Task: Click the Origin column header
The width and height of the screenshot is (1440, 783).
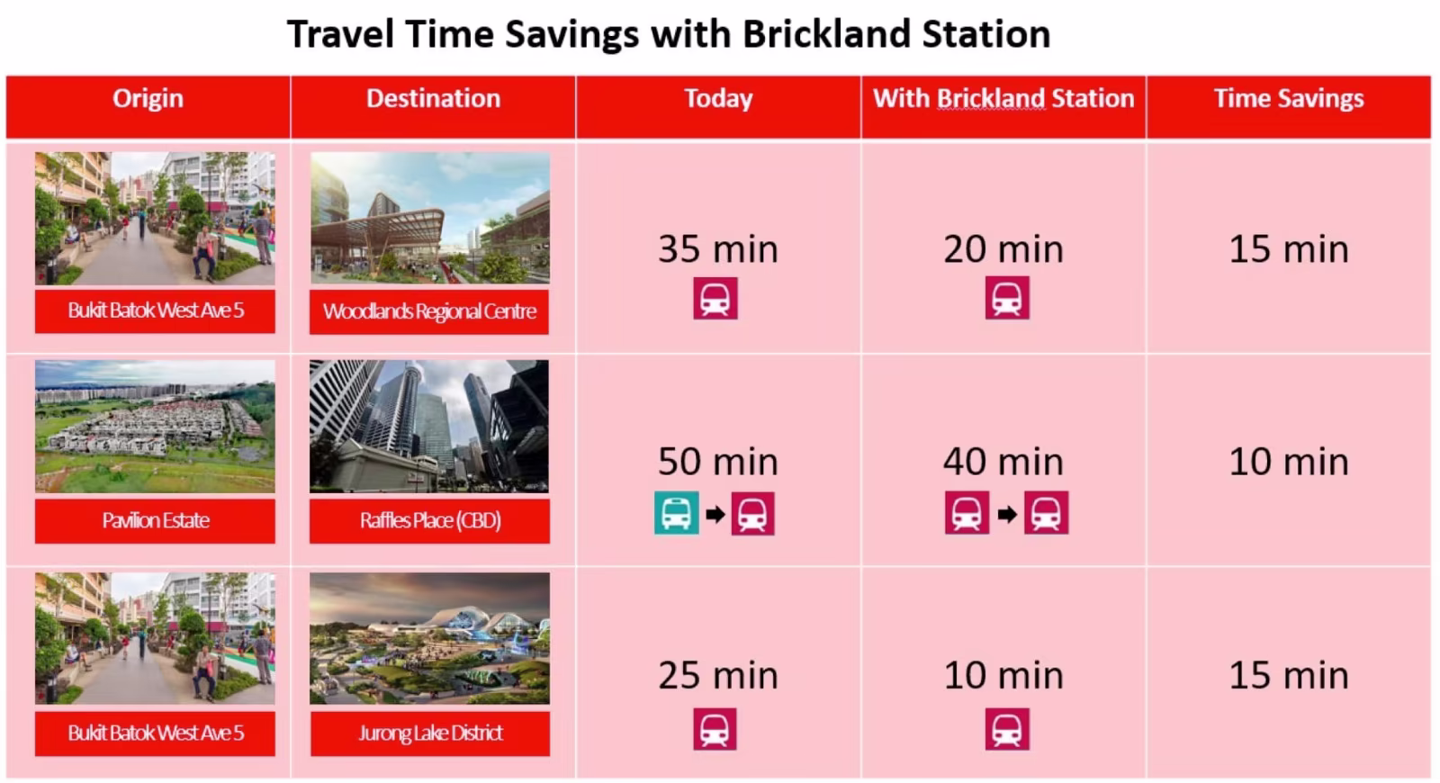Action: point(148,98)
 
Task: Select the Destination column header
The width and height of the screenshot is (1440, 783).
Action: point(433,98)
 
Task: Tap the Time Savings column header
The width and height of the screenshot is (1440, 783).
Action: point(1289,98)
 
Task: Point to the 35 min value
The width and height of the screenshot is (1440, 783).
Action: point(718,249)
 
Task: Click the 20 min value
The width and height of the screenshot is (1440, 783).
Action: point(1003,249)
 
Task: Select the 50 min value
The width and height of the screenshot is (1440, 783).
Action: point(718,462)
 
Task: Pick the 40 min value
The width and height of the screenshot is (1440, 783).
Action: point(1003,462)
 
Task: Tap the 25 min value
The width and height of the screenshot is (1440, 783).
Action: point(718,676)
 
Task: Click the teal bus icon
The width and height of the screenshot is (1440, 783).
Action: point(676,513)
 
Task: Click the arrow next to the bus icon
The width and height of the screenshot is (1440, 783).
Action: point(715,514)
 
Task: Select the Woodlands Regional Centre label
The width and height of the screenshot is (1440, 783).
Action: point(429,311)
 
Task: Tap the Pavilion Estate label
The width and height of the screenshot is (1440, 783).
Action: point(155,521)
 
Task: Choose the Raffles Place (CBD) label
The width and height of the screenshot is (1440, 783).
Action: point(429,521)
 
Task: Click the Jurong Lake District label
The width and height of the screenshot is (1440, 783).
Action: point(430,733)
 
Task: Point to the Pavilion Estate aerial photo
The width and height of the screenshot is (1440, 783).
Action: point(155,427)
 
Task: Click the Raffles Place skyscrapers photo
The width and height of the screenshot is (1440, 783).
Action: point(429,427)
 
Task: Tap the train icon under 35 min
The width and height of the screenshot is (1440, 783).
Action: point(715,298)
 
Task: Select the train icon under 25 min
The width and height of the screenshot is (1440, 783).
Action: point(715,729)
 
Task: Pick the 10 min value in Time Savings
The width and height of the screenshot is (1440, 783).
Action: point(1289,462)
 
